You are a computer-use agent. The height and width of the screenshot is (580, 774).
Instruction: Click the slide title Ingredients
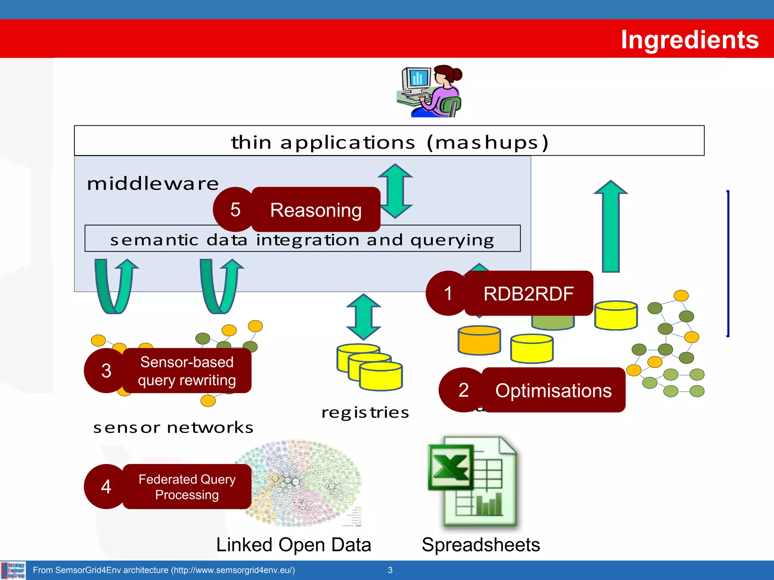[689, 40]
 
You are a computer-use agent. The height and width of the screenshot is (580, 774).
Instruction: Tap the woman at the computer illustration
[431, 91]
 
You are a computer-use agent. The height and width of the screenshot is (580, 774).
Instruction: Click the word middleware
[153, 184]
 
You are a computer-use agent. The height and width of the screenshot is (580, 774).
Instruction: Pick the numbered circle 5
[235, 210]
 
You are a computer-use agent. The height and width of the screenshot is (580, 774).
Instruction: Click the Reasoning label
[316, 210]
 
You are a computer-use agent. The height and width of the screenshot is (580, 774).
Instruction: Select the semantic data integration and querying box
[302, 240]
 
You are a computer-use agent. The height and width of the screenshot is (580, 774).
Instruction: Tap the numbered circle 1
[448, 293]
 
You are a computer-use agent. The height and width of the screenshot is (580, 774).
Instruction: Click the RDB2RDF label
[528, 293]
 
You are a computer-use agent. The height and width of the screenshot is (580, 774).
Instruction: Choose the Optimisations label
[553, 390]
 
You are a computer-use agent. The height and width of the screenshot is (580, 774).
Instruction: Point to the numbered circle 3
[106, 370]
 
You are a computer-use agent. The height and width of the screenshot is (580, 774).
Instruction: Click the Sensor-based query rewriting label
[187, 371]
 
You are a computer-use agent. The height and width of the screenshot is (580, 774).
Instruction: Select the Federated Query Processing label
[187, 487]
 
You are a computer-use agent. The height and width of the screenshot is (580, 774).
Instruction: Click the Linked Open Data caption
[294, 545]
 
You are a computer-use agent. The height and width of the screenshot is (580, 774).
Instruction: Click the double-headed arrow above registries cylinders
[364, 316]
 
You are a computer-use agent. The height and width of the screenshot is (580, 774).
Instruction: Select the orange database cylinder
[479, 341]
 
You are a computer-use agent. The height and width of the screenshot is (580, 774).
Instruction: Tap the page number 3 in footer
[390, 570]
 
